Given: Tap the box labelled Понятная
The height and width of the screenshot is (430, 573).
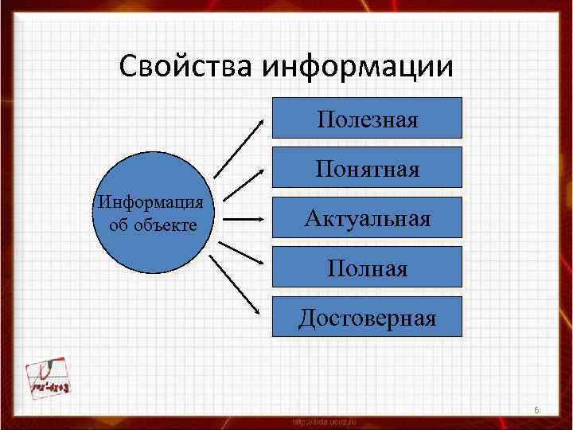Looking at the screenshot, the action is pyautogui.click(x=367, y=167).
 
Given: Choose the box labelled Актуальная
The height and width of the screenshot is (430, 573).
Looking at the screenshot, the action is pyautogui.click(x=367, y=217).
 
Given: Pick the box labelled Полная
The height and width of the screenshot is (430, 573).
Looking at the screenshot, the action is pyautogui.click(x=367, y=267).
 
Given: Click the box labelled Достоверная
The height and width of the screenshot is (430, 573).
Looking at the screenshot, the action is pyautogui.click(x=367, y=317).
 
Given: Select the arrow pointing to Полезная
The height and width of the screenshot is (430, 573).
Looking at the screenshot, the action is pyautogui.click(x=240, y=147).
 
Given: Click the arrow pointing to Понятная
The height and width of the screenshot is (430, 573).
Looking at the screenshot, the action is pyautogui.click(x=244, y=182).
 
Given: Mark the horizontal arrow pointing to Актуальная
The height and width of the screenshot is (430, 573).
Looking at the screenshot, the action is pyautogui.click(x=244, y=217).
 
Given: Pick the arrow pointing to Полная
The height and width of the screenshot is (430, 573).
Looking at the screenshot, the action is pyautogui.click(x=244, y=253).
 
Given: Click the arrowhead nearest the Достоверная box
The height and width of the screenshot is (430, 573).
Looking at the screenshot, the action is pyautogui.click(x=261, y=315).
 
